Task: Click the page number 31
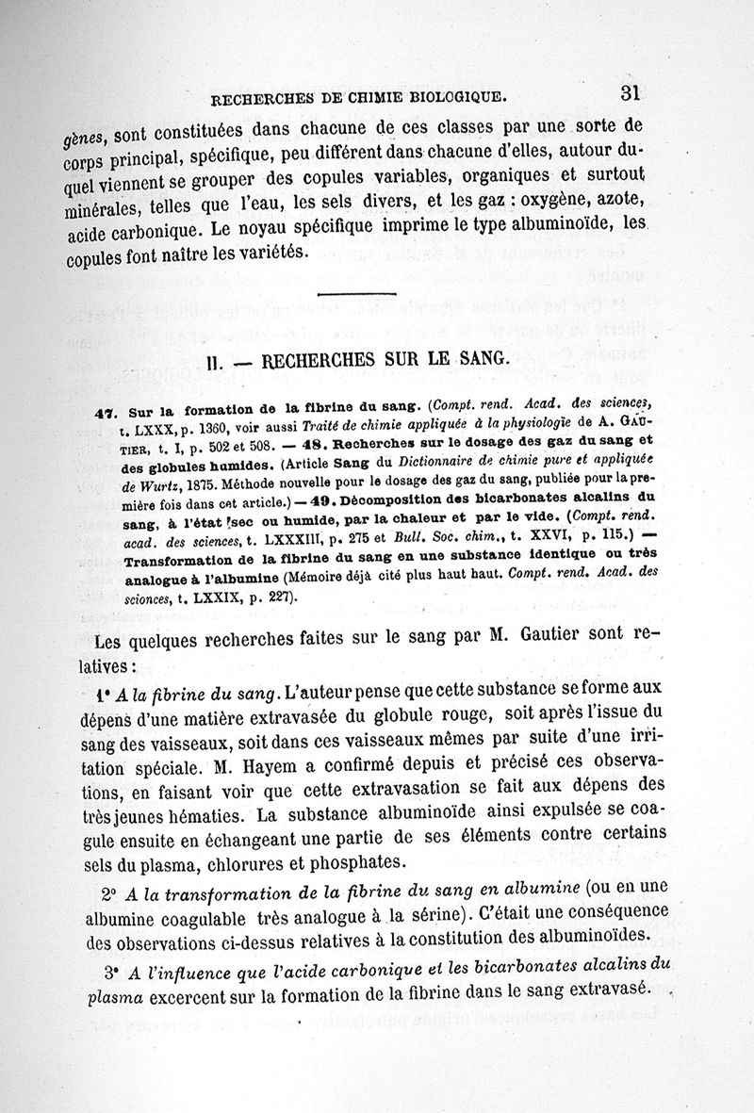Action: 631,92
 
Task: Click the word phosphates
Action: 365,862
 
